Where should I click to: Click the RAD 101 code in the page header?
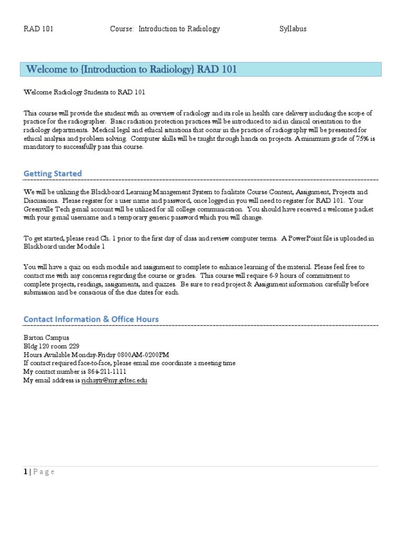tap(39, 29)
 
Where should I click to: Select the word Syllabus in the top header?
tap(293, 29)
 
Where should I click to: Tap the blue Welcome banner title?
tap(132, 70)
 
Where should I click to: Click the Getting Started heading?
tap(53, 173)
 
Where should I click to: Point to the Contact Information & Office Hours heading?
tap(91, 319)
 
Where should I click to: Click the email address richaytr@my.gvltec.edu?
tap(114, 381)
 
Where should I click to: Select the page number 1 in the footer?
tap(26, 472)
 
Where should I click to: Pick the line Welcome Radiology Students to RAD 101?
tap(84, 92)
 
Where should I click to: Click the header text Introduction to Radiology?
tap(179, 29)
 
